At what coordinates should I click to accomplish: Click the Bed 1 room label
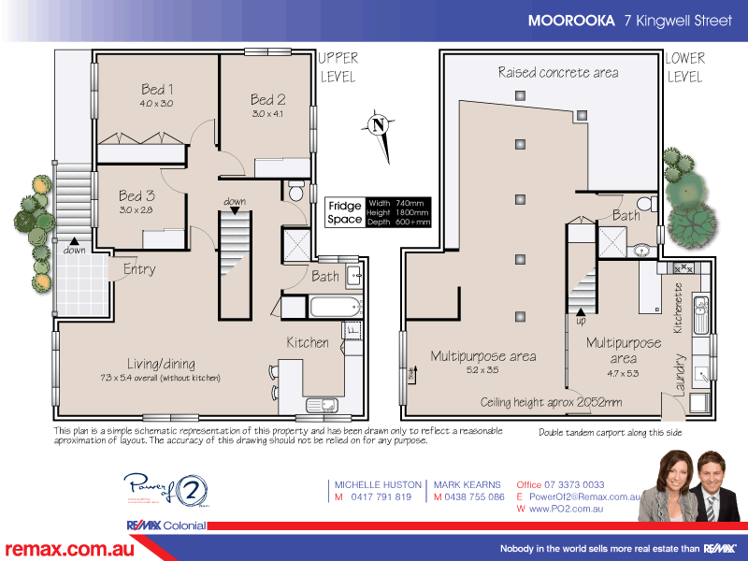click(x=158, y=90)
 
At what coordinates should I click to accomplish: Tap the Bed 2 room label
click(x=266, y=100)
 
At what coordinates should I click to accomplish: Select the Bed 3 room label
click(x=137, y=196)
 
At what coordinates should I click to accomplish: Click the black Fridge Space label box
click(x=343, y=212)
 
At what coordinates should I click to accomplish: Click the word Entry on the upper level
click(x=139, y=269)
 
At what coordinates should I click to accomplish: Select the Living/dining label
click(x=161, y=363)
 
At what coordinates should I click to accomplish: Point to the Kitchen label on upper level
click(x=308, y=342)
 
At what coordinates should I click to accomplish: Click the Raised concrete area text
click(x=557, y=72)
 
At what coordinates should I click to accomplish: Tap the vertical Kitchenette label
click(x=678, y=309)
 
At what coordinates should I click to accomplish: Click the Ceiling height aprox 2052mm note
click(x=551, y=402)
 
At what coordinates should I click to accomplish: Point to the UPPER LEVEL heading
click(x=338, y=67)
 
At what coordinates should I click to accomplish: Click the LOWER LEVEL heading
click(x=684, y=67)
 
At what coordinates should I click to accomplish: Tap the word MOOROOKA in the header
click(x=570, y=20)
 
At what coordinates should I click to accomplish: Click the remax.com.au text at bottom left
click(x=69, y=548)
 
